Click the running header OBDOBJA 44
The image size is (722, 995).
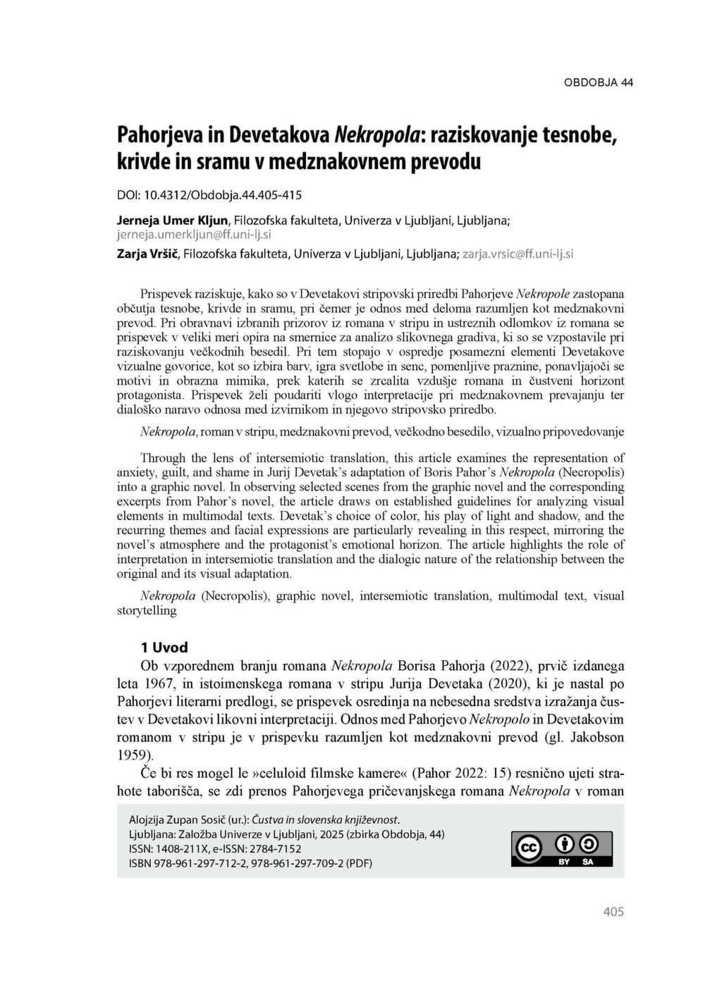pos(598,82)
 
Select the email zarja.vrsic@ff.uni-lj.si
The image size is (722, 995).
pos(518,253)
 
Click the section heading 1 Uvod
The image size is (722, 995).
pos(164,647)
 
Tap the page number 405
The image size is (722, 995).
pos(613,911)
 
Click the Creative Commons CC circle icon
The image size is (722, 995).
pos(529,848)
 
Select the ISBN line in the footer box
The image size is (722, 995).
pos(250,863)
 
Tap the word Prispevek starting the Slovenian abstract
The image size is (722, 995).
pos(165,293)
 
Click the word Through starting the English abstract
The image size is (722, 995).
pos(164,458)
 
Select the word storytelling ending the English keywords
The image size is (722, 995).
pos(147,610)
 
